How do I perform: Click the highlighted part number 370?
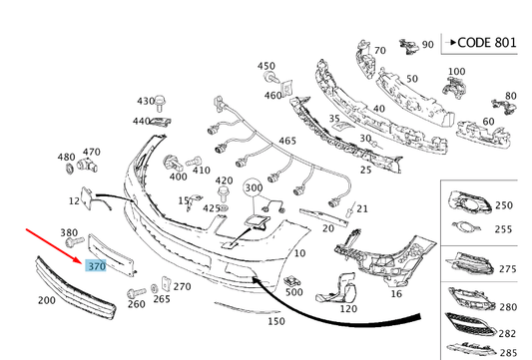coord(97,266)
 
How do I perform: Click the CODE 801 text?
coord(487,43)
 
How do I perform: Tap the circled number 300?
coord(254,187)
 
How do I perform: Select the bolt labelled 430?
coord(160,103)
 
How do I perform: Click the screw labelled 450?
coord(271,78)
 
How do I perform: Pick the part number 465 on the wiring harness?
coord(287,141)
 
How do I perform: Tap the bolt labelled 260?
coord(136,292)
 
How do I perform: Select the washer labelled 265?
coord(154,288)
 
